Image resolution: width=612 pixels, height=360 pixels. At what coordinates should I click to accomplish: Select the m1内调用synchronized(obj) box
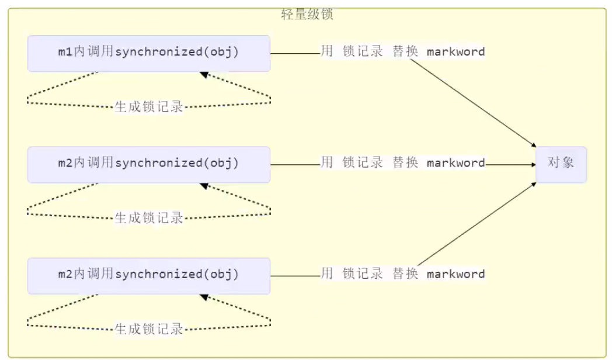[149, 53]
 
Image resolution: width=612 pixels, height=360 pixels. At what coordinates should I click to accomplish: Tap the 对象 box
[561, 164]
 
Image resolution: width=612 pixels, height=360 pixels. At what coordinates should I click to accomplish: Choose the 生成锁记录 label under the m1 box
[149, 107]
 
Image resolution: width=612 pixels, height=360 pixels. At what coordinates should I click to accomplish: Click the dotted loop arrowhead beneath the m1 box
[203, 74]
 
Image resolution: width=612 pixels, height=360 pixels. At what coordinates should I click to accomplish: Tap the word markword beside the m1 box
[455, 51]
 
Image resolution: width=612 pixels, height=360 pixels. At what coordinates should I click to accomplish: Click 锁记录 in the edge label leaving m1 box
[363, 51]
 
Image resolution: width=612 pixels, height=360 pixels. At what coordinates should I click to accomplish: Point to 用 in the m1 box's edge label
[327, 51]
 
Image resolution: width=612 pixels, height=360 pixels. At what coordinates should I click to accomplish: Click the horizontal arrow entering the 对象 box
[511, 165]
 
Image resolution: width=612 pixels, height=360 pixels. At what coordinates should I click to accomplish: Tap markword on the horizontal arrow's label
[455, 162]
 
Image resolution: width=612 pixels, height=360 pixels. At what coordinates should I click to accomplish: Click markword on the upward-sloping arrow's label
[455, 274]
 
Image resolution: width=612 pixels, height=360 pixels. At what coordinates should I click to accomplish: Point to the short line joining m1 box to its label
[295, 53]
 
